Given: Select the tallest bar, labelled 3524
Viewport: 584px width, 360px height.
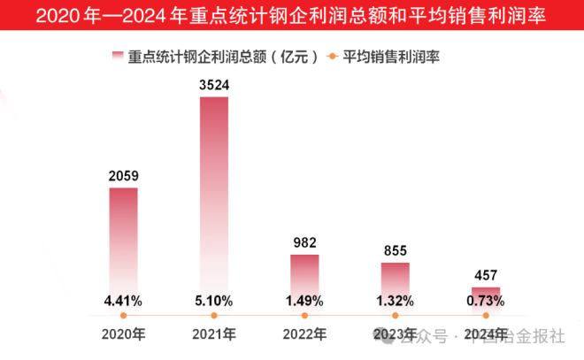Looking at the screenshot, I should tap(213, 195).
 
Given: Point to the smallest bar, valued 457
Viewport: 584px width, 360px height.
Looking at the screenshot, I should tap(486, 291).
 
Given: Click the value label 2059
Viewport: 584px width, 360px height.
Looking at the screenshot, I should tap(123, 176).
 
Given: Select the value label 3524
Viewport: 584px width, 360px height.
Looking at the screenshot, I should tap(213, 86).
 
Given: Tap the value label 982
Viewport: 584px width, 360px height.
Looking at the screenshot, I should tap(304, 242).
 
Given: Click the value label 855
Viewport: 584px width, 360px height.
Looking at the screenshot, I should tap(395, 250).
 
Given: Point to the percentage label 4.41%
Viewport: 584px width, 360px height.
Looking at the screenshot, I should tap(123, 301).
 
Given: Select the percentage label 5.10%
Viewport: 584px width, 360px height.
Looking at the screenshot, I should tap(213, 301).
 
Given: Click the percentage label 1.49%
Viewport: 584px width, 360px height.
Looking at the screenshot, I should tap(304, 301).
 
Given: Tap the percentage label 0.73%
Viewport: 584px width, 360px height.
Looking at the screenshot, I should tap(486, 301).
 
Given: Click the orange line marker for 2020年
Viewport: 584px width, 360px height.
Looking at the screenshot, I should tap(123, 315).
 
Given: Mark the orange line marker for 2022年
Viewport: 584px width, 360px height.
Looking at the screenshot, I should tap(304, 315).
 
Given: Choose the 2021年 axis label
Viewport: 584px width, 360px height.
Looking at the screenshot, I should tap(213, 335).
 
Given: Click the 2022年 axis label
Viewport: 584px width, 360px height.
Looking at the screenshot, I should tap(304, 335).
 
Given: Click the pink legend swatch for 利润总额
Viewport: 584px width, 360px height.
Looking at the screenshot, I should tap(116, 57).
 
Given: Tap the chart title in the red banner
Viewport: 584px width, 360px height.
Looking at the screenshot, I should tap(292, 16).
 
